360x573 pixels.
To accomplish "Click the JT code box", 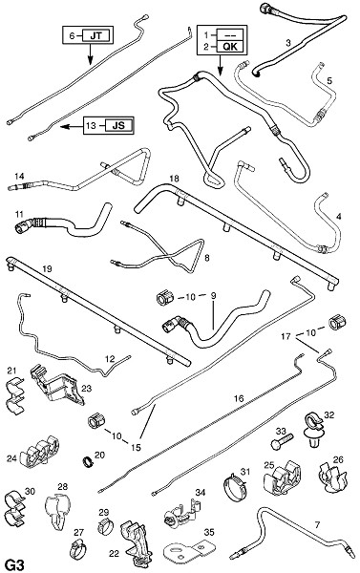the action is pyautogui.click(x=96, y=35).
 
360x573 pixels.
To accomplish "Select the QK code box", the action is pyautogui.click(x=229, y=47).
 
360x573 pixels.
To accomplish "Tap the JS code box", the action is pyautogui.click(x=118, y=125).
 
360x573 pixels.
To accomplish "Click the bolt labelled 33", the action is pyautogui.click(x=282, y=440).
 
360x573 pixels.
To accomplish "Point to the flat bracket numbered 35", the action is pyautogui.click(x=188, y=551).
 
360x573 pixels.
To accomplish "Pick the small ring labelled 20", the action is pyautogui.click(x=88, y=461).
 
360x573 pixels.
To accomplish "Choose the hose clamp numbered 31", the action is pyautogui.click(x=236, y=486).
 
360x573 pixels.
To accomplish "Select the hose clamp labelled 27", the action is pyautogui.click(x=77, y=548).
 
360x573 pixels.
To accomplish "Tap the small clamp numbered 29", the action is pyautogui.click(x=104, y=526).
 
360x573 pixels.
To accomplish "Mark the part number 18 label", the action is pyautogui.click(x=175, y=179).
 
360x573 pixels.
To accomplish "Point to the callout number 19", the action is pyautogui.click(x=47, y=269).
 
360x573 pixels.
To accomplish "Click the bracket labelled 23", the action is pyautogui.click(x=57, y=386).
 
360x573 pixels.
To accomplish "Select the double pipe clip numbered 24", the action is pyautogui.click(x=39, y=452).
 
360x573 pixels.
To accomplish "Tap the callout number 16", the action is pyautogui.click(x=239, y=398).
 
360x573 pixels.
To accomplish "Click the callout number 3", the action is pyautogui.click(x=288, y=43).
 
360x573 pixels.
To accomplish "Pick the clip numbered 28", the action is pyautogui.click(x=57, y=512).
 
